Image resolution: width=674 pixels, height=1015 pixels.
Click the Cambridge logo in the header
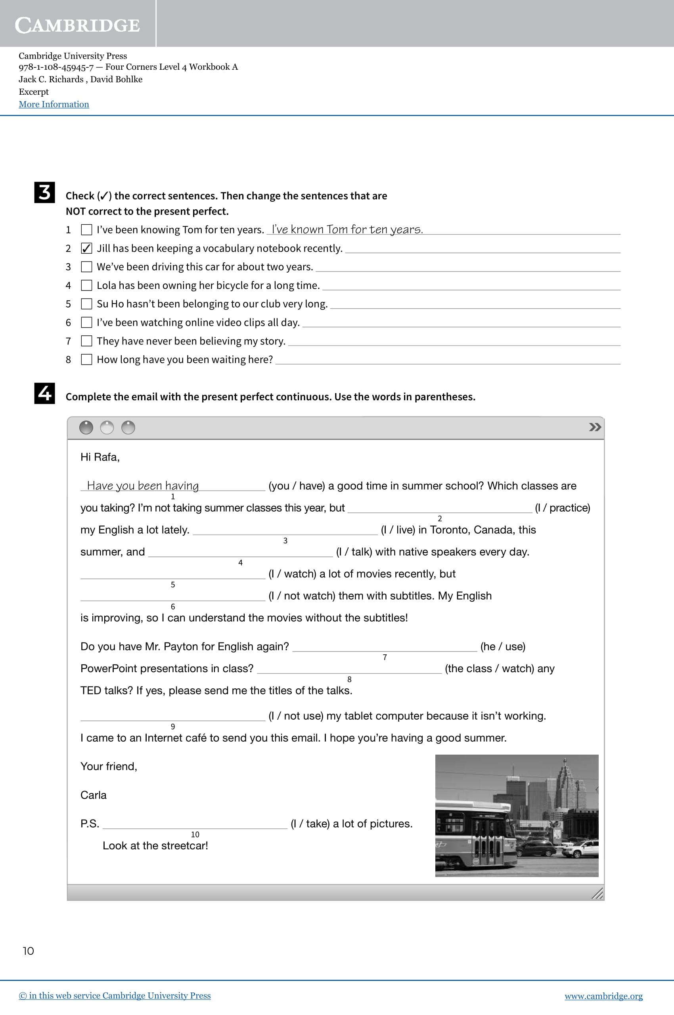tap(77, 25)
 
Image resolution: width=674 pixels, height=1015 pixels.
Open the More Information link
tap(54, 104)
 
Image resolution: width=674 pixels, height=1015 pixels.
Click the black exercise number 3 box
tap(45, 193)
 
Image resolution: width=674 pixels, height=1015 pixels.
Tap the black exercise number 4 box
tap(45, 393)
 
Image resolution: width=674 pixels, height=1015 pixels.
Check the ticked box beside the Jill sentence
tap(86, 248)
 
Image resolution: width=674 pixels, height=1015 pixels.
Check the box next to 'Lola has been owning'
tap(86, 285)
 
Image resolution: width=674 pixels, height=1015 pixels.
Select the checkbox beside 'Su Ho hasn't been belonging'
tap(86, 304)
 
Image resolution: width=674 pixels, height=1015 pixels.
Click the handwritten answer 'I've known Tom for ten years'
tap(347, 229)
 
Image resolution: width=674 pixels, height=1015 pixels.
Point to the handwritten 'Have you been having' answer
tap(143, 486)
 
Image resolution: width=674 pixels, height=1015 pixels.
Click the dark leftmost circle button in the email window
tap(86, 428)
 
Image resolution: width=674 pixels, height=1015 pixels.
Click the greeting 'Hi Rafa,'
tap(100, 457)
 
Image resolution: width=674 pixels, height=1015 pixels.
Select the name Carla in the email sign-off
tap(93, 795)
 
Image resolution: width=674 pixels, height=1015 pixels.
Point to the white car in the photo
tap(582, 849)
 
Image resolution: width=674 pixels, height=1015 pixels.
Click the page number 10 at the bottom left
tap(29, 951)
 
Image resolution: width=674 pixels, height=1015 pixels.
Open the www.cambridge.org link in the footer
tap(603, 996)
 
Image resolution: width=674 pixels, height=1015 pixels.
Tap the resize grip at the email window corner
tap(597, 894)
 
